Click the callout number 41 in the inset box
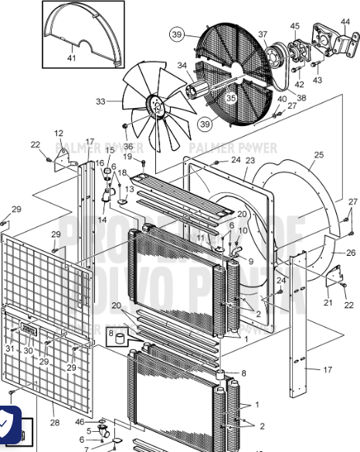71,59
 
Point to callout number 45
294,26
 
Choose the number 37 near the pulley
263,34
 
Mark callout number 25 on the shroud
318,156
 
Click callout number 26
351,253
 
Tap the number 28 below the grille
54,423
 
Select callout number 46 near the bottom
80,421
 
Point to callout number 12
59,134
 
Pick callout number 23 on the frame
250,160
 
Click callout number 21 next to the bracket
328,303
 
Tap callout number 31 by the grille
9,349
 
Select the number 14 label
101,220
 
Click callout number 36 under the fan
128,146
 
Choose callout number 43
318,80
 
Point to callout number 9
250,261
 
